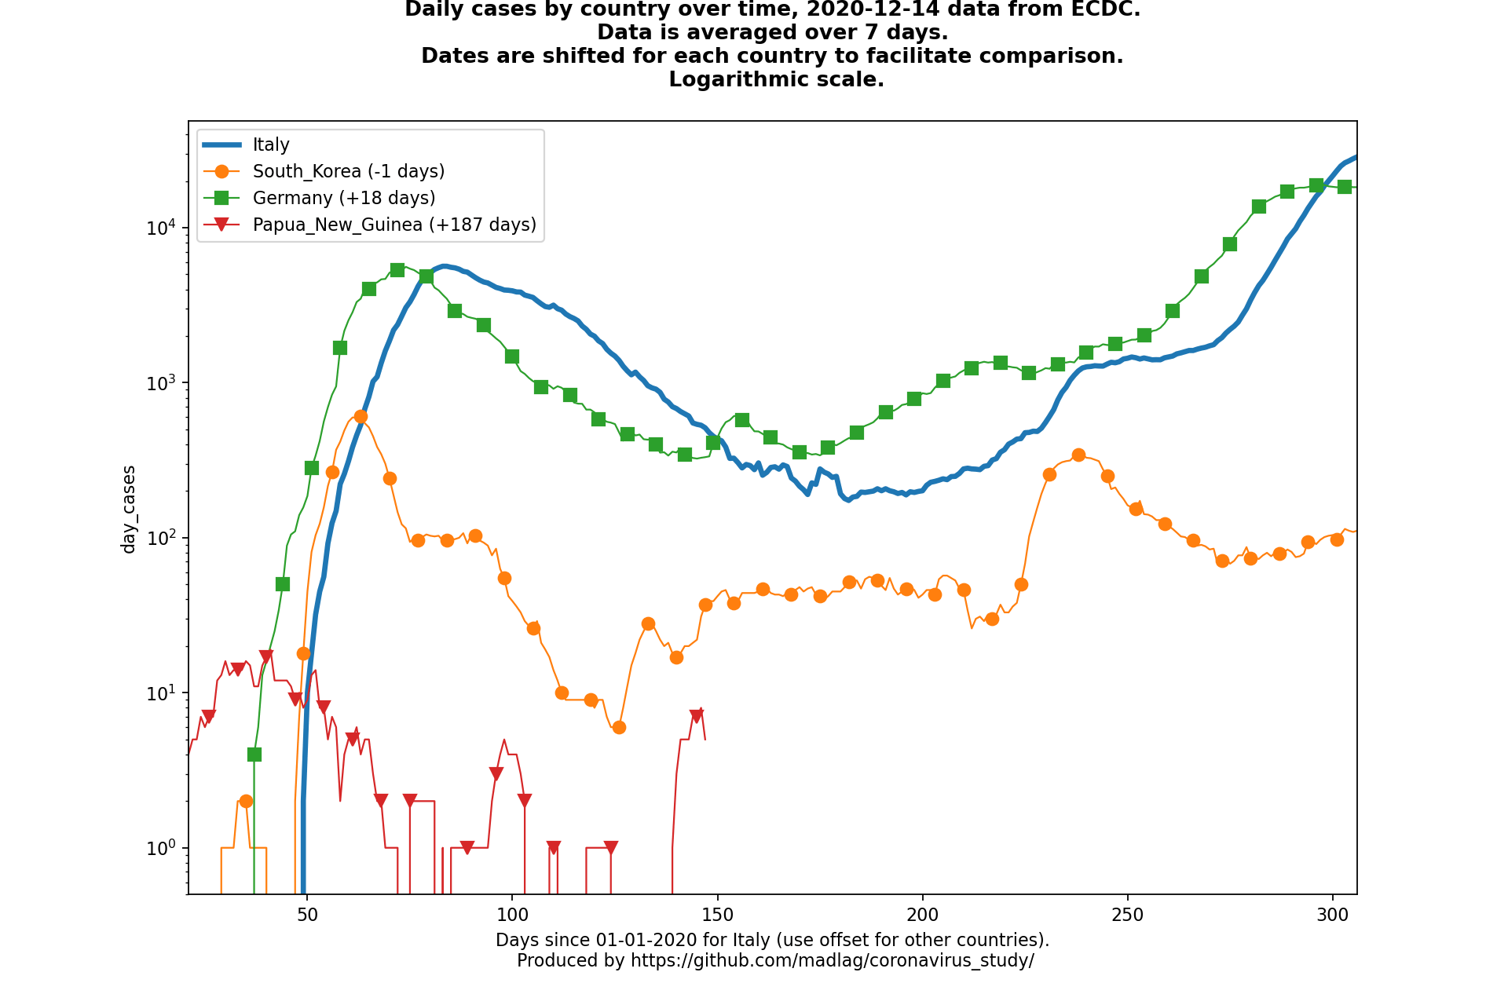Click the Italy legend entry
[x=271, y=144]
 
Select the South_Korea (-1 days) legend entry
[x=348, y=171]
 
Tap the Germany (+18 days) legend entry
[x=343, y=198]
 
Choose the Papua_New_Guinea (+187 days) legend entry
[x=394, y=225]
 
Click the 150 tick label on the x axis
[x=717, y=915]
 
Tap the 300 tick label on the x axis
[x=1333, y=915]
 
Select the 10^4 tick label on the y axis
[x=161, y=228]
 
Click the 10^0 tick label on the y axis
[x=161, y=848]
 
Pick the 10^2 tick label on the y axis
[x=161, y=539]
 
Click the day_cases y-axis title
[x=129, y=509]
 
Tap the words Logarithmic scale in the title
[x=776, y=80]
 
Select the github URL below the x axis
[x=832, y=960]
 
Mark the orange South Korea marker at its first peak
[x=361, y=416]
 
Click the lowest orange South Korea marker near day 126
[x=619, y=727]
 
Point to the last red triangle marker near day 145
[x=697, y=716]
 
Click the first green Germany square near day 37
[x=254, y=755]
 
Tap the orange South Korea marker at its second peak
[x=1078, y=455]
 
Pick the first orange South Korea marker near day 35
[x=246, y=801]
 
